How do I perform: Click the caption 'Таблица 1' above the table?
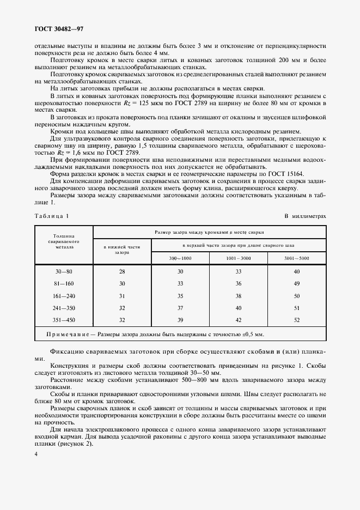pos(52,216)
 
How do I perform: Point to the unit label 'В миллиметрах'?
pos(305,216)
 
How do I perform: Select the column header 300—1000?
pos(180,257)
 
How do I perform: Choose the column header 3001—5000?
pos(296,257)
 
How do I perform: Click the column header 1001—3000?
pos(238,257)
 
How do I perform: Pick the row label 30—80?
pos(64,271)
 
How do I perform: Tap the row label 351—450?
pos(64,319)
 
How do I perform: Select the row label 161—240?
pos(64,295)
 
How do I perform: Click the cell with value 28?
pos(122,271)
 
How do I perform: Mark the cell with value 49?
pos(296,283)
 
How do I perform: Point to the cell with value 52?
pos(296,319)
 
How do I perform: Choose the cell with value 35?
pos(180,295)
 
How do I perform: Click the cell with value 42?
pos(238,319)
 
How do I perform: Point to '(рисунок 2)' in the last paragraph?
pos(75,443)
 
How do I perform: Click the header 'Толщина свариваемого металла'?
pos(64,241)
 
